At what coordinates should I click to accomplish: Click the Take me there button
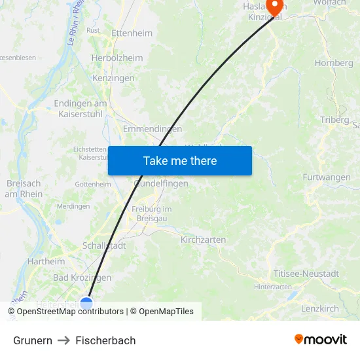click(179, 160)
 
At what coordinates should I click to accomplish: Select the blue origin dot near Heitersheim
click(86, 302)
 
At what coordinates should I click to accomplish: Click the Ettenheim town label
click(132, 33)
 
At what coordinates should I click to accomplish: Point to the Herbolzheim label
click(117, 58)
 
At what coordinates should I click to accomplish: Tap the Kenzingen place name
click(113, 78)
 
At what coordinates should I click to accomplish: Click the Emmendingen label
click(153, 129)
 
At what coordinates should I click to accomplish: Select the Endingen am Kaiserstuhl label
click(81, 108)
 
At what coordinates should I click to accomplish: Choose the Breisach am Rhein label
click(24, 189)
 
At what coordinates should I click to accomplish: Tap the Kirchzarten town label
click(203, 240)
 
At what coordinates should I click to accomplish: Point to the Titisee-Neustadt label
click(306, 274)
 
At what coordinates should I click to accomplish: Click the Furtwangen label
click(326, 177)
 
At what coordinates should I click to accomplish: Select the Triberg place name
click(334, 120)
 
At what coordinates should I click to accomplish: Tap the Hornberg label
click(333, 63)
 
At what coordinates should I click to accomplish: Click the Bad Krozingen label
click(82, 278)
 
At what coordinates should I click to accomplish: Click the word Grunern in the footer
click(33, 340)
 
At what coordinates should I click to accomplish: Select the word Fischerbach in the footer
click(105, 340)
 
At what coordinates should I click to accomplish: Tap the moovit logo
click(320, 339)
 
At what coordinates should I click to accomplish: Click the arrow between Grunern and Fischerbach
click(63, 340)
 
